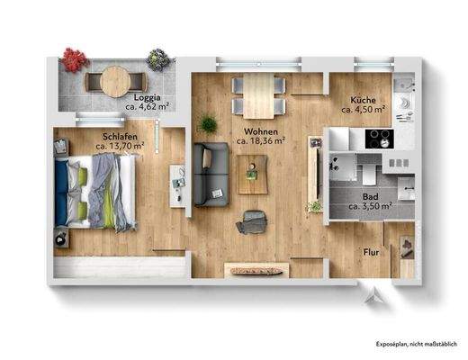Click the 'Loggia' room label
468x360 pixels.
[147, 96]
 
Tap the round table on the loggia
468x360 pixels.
[112, 82]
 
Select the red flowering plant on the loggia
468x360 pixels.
[73, 59]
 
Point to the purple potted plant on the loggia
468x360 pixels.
[157, 59]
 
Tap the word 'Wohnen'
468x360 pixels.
[258, 131]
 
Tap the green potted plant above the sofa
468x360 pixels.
[209, 123]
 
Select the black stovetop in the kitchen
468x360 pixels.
[378, 139]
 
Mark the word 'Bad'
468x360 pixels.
[370, 196]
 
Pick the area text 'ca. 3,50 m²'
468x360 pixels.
[370, 206]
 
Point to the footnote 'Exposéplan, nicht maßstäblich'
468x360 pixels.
[415, 344]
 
